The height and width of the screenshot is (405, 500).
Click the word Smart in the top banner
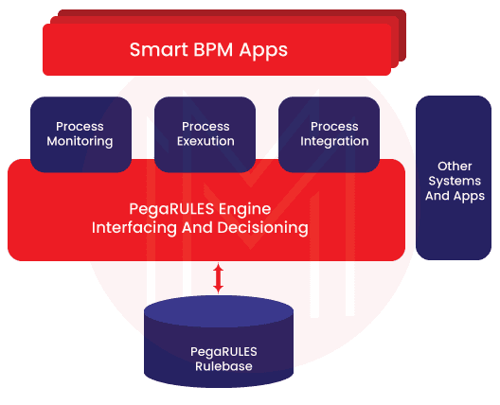pyautogui.click(x=157, y=49)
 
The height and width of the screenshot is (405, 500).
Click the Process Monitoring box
pyautogui.click(x=80, y=134)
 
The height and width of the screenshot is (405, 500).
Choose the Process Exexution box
pyautogui.click(x=205, y=134)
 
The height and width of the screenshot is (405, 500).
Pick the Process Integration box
pyautogui.click(x=329, y=134)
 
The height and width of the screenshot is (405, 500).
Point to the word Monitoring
pyautogui.click(x=80, y=142)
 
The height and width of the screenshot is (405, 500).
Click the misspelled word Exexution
pyautogui.click(x=205, y=142)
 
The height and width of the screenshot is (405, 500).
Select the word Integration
pyautogui.click(x=334, y=142)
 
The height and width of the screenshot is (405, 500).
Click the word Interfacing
pyautogui.click(x=132, y=228)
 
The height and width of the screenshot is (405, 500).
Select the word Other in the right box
pyautogui.click(x=455, y=166)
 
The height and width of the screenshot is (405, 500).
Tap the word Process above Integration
pyautogui.click(x=334, y=126)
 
